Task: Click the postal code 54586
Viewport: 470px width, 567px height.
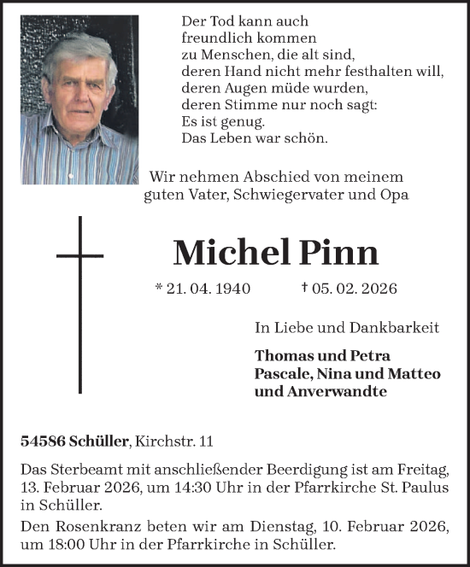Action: click(x=43, y=441)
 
